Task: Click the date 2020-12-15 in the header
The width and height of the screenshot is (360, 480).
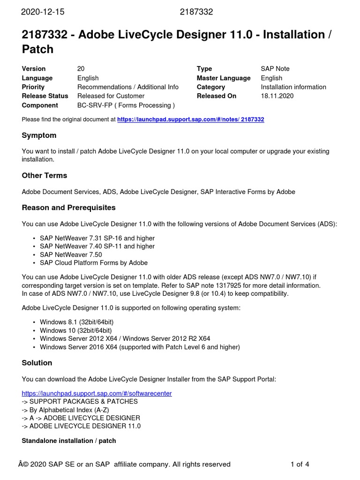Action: point(43,12)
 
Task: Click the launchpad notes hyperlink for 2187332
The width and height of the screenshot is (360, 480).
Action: point(190,120)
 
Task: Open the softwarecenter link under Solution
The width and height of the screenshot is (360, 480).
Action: point(97,393)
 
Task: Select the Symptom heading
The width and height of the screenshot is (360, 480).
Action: point(39,135)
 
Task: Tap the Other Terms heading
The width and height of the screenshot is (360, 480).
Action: point(45,175)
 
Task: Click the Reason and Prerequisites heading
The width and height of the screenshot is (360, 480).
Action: point(68,207)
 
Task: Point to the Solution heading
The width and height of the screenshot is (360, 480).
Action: point(37,363)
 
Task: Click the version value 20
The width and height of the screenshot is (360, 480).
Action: point(81,69)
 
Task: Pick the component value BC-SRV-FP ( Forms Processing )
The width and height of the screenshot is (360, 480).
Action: point(126,105)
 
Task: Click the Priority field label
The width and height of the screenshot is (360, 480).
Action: point(33,87)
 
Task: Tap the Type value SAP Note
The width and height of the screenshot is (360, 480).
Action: point(275,69)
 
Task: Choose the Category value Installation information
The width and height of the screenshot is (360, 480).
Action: point(293,87)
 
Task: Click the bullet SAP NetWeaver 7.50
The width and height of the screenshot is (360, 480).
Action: point(71,255)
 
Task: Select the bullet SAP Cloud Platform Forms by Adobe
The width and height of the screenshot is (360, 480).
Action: point(94,263)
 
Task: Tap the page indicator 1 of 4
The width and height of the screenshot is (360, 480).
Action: point(300,465)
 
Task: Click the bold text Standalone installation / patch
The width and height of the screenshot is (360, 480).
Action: point(69,441)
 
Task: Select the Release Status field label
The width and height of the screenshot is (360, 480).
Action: point(45,96)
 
